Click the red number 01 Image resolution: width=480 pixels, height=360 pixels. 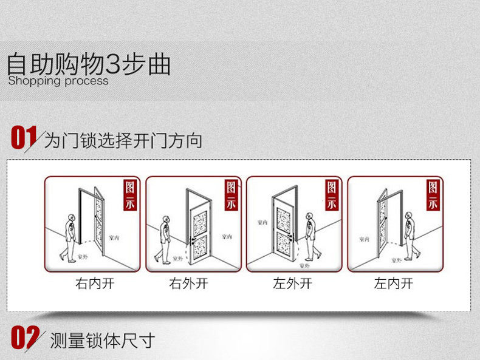pos(24,137)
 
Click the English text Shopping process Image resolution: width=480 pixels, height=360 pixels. pos(58,81)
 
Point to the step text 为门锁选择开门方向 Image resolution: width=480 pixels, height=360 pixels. pos(123,141)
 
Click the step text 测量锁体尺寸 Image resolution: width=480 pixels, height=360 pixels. pos(103,341)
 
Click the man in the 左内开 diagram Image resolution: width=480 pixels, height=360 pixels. pos(411,234)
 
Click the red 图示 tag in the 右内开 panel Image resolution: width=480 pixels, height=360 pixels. pos(131,194)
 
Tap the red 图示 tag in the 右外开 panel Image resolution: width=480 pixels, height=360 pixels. pos(231,194)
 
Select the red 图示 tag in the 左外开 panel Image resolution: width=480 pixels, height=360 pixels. pos(332,194)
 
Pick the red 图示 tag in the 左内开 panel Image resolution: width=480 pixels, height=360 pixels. pos(433,194)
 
